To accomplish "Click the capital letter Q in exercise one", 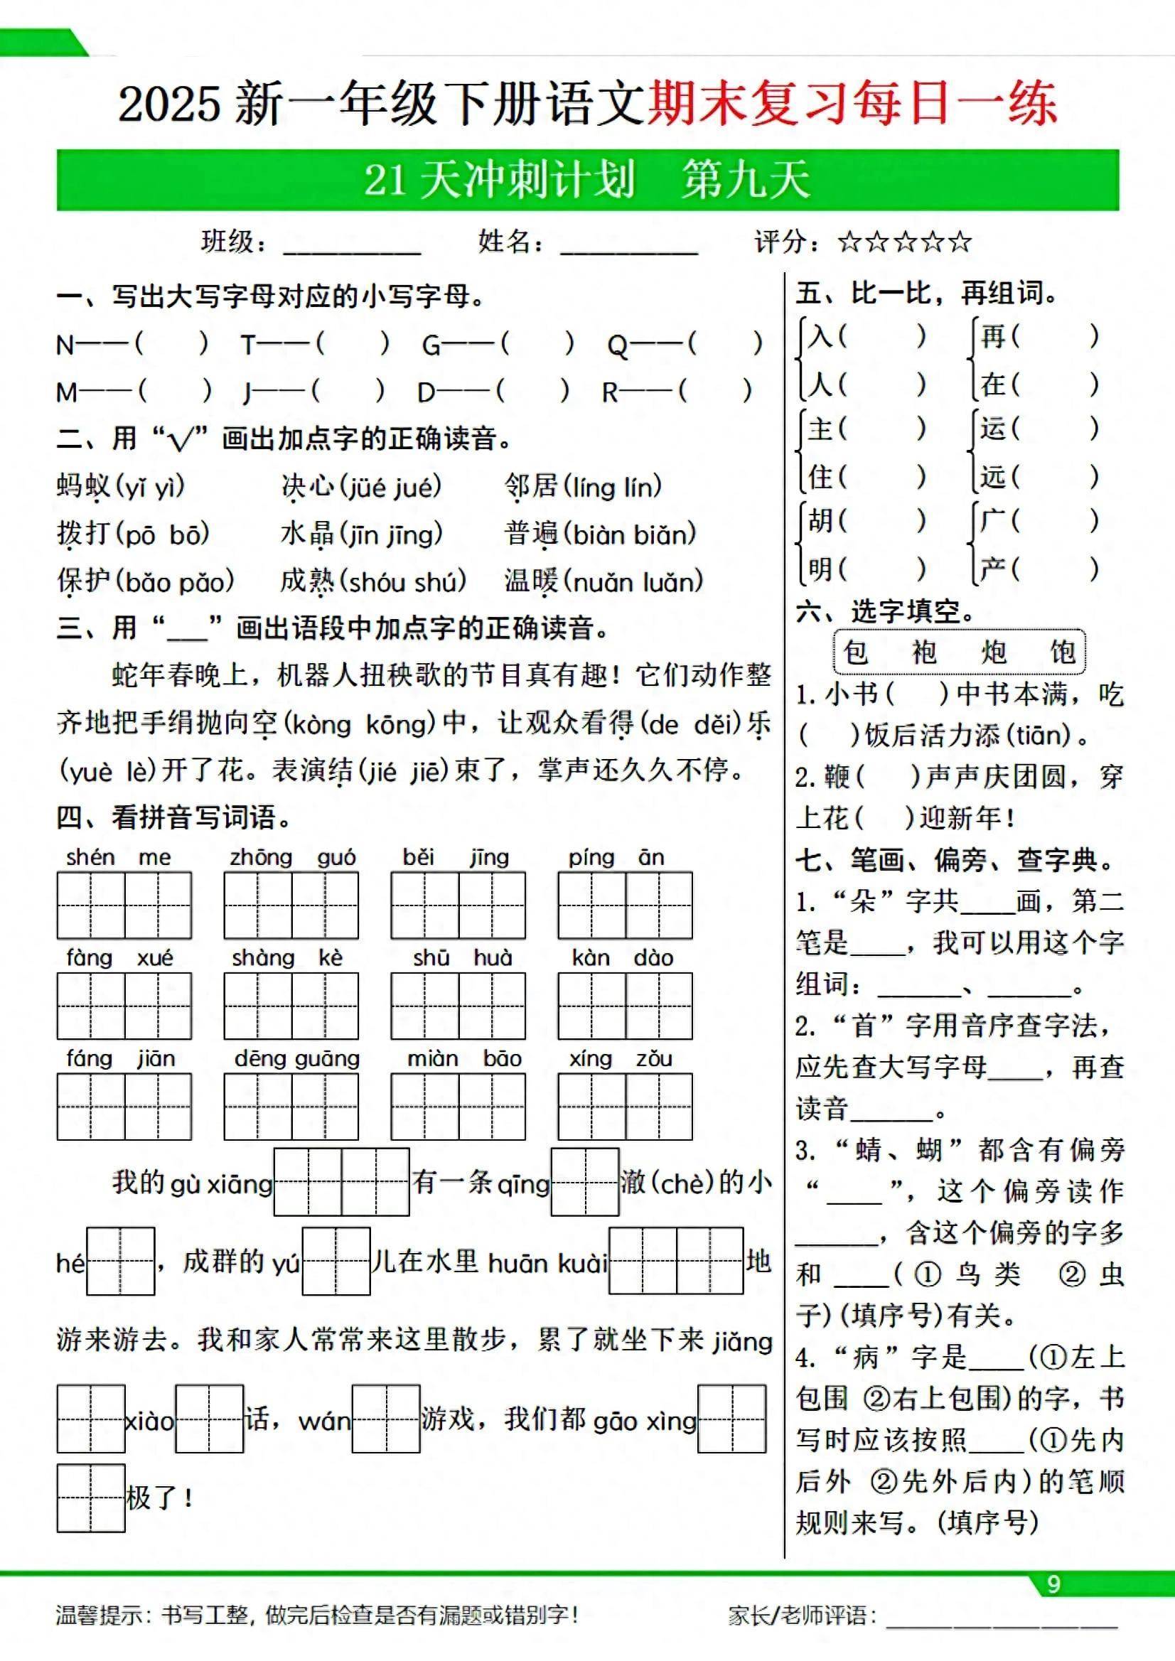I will click(617, 346).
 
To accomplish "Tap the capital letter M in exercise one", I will click(67, 393).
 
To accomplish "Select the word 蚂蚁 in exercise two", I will click(84, 487).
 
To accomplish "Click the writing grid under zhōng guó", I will click(291, 905).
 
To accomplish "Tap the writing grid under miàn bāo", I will click(458, 1107).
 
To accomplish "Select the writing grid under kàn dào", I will click(624, 1006).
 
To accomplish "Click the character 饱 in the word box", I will click(1062, 652).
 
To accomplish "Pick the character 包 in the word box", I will click(856, 652).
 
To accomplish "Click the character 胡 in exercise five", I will click(820, 520).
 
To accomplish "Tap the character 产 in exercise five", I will click(992, 569).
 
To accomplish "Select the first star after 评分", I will click(849, 242).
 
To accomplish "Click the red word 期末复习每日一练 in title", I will click(852, 103).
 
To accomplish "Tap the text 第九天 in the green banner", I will click(745, 179).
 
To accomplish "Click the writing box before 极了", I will click(91, 1498).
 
